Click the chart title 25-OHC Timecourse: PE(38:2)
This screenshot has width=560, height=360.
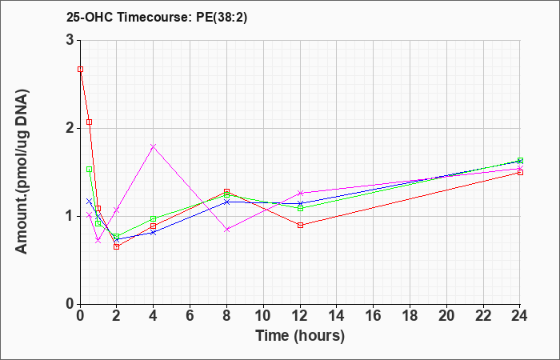click(x=157, y=18)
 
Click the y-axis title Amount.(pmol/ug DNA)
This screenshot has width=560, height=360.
click(x=22, y=172)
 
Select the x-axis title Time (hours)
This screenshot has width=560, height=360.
click(x=300, y=336)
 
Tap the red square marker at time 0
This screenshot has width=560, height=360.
click(x=81, y=70)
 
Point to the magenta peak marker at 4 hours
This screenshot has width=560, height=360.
click(x=154, y=146)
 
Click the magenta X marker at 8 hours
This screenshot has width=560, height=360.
click(x=226, y=230)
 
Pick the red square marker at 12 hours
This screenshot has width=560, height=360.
click(x=300, y=225)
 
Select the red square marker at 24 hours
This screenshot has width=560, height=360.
click(x=520, y=173)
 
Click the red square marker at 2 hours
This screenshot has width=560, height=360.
click(x=117, y=246)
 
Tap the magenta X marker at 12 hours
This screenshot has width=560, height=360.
click(x=300, y=194)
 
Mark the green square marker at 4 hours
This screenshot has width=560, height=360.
click(x=154, y=219)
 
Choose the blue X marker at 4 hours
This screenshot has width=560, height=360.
click(x=154, y=233)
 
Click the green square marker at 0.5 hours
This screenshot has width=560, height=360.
click(x=90, y=170)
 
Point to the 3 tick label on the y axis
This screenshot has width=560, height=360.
click(x=70, y=40)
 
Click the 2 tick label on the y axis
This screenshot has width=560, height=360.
click(x=70, y=128)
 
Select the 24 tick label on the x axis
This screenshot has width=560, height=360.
click(x=519, y=316)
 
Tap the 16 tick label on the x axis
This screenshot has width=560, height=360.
click(x=373, y=316)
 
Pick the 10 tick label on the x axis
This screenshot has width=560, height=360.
click(x=263, y=316)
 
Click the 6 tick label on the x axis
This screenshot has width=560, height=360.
click(x=190, y=316)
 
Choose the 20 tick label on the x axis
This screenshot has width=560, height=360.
click(x=446, y=316)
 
